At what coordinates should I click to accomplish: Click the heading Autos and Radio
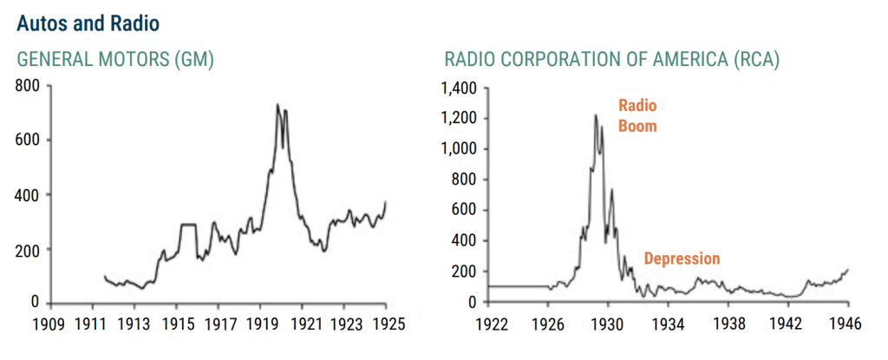click(x=87, y=20)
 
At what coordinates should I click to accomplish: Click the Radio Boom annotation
click(x=637, y=115)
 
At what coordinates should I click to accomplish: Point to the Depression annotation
click(x=682, y=259)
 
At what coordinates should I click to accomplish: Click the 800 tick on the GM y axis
click(x=29, y=86)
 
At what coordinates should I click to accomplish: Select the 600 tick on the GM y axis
click(x=29, y=140)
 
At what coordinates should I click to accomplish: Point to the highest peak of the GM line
click(x=277, y=105)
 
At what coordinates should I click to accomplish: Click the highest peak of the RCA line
click(x=596, y=115)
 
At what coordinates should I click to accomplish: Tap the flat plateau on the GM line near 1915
click(x=188, y=225)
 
